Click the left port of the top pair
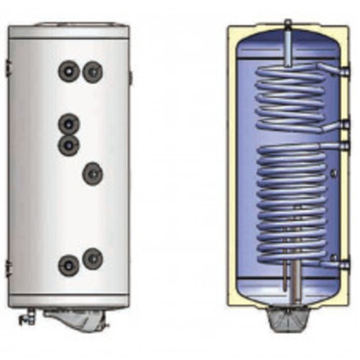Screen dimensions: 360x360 click(70, 70)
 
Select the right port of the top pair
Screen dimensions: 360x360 click(92, 70)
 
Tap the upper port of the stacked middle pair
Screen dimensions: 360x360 click(69, 124)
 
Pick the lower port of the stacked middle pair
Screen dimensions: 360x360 click(69, 145)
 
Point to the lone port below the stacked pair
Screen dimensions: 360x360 click(92, 173)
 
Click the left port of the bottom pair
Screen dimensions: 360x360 click(69, 264)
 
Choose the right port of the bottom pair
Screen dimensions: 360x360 click(92, 258)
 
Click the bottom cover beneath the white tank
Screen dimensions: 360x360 click(76, 318)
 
